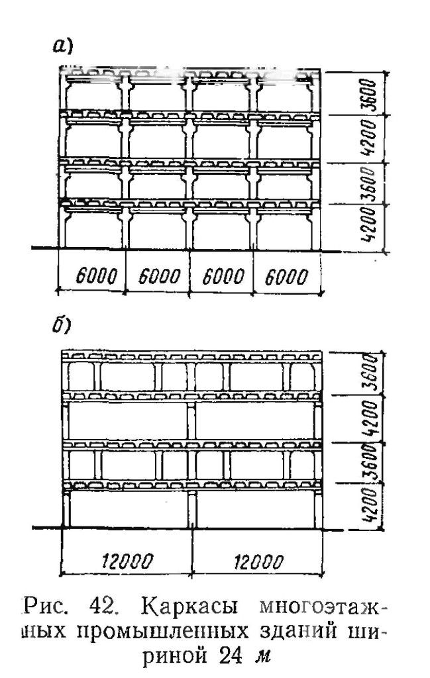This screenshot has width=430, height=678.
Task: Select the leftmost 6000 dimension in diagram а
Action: [97, 276]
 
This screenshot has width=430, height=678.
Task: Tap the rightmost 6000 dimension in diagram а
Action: [286, 277]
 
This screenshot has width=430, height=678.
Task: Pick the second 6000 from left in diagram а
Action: [159, 276]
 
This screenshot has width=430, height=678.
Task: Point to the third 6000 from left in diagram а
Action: [223, 276]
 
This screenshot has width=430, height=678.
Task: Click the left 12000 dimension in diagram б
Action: [128, 561]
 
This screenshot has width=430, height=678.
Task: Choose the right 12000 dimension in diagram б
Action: [258, 562]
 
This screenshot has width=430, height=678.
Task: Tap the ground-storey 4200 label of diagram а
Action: [368, 225]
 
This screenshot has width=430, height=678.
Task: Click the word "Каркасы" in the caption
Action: [189, 608]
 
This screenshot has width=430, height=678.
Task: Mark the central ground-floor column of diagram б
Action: [192, 509]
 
